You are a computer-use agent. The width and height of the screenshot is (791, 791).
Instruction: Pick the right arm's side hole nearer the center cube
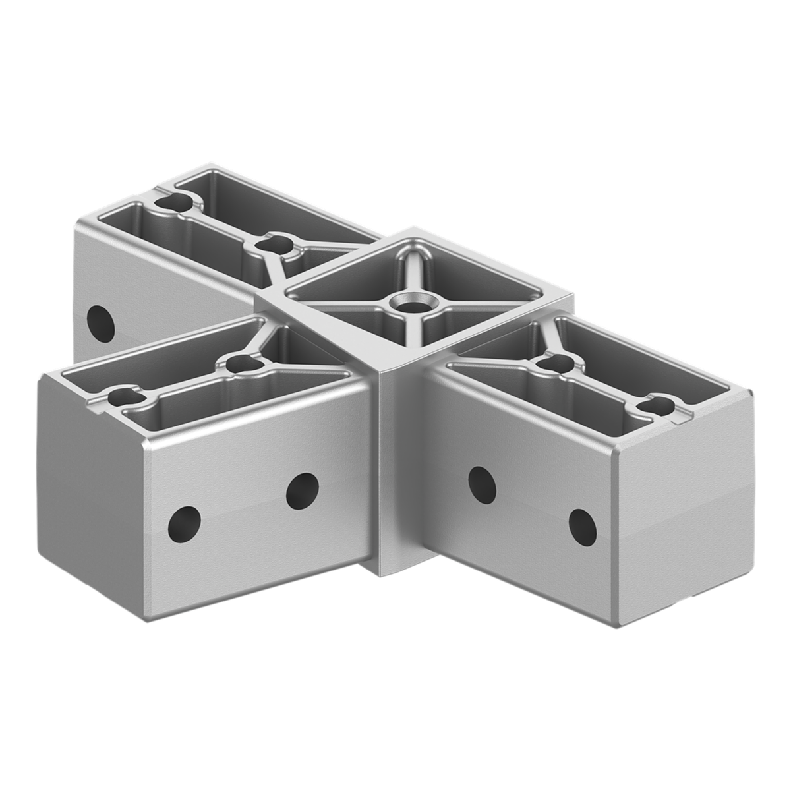481,484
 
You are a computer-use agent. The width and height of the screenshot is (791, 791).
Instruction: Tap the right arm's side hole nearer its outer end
582,525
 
